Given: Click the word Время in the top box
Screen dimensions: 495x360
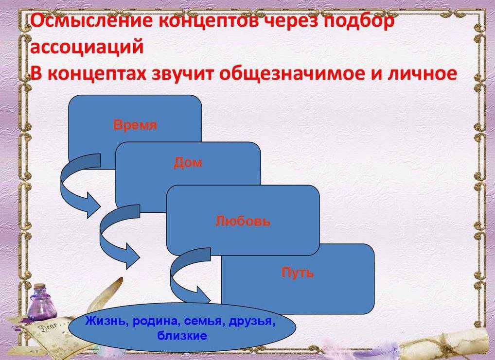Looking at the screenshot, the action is [x=135, y=125].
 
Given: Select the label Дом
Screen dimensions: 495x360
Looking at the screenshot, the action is [x=188, y=163].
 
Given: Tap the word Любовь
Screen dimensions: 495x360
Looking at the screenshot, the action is [x=243, y=221].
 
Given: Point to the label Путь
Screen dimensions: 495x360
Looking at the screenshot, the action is [x=298, y=273].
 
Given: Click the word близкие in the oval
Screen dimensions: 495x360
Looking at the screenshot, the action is [x=182, y=335].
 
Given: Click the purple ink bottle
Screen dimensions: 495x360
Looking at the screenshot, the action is [x=41, y=302].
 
